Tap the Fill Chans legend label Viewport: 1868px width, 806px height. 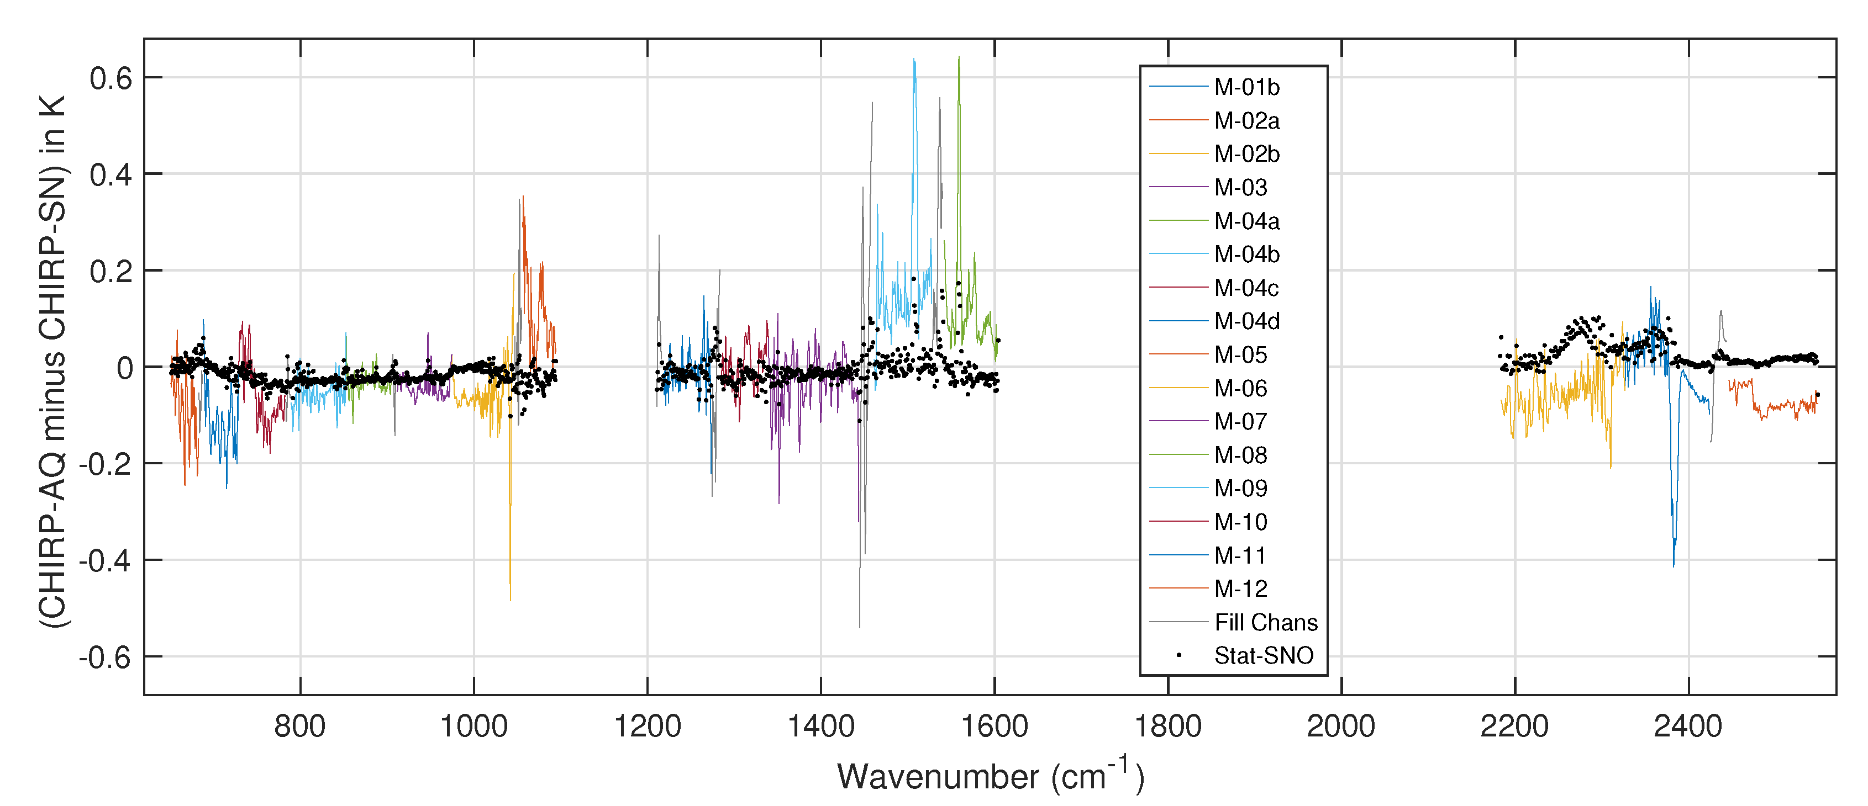[1265, 623]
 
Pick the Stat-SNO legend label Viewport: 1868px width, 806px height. [1263, 656]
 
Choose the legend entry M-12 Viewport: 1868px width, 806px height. [1241, 589]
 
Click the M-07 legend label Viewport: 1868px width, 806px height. [1241, 422]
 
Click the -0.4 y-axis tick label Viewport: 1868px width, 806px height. [106, 561]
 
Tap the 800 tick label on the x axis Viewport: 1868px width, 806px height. [299, 727]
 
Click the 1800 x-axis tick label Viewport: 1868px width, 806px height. [1167, 727]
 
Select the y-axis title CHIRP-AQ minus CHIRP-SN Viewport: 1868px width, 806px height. [52, 362]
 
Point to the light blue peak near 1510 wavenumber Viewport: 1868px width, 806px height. [914, 61]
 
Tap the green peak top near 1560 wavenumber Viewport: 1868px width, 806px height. [959, 57]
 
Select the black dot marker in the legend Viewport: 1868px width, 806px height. [1178, 656]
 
